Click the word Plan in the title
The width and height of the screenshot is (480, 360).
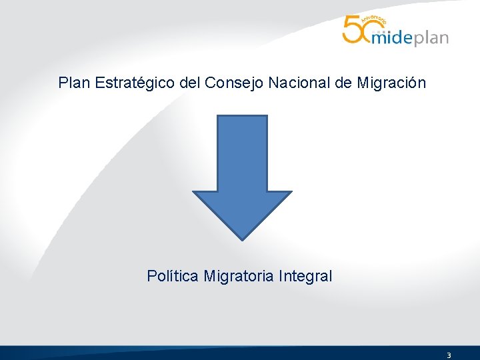click(x=74, y=83)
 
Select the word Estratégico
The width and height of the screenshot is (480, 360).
click(x=135, y=83)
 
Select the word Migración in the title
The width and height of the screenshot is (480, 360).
click(x=391, y=83)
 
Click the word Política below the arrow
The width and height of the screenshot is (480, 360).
click(x=172, y=275)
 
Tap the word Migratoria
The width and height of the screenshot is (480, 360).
click(x=239, y=275)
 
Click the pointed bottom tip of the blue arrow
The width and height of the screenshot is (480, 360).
click(x=242, y=237)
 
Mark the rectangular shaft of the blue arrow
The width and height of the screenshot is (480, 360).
click(x=242, y=153)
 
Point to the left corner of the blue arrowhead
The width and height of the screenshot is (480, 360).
click(x=195, y=193)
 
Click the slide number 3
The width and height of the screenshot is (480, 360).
click(x=449, y=355)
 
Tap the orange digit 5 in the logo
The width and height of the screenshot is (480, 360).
click(x=352, y=30)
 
